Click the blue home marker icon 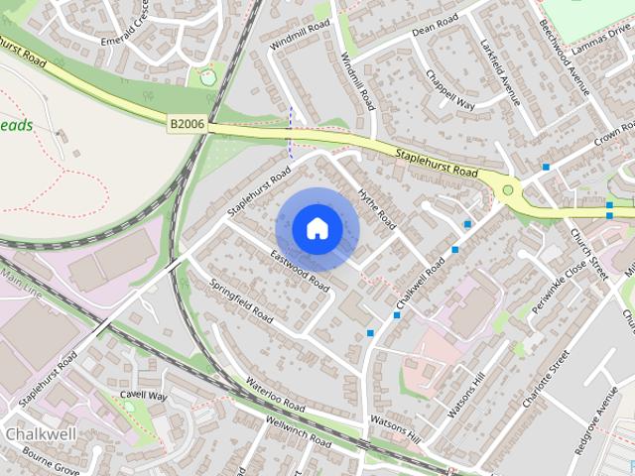point(317,229)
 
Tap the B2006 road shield point(187,123)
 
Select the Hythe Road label point(377,208)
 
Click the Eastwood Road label point(300,270)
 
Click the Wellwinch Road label point(298,430)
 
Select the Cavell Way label point(144,396)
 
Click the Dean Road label point(435,23)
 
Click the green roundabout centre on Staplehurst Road point(508,189)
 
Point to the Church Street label point(589,254)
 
